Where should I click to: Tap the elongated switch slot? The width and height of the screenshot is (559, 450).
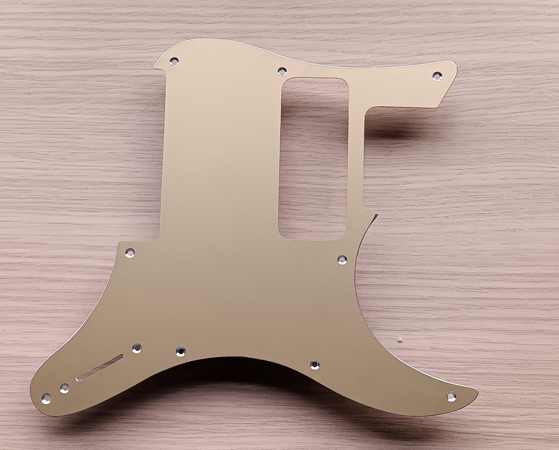[100, 368]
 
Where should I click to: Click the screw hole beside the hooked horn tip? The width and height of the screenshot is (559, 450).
[174, 61]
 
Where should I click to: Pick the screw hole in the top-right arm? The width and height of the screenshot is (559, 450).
[437, 75]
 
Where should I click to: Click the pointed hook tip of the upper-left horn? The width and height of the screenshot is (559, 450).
[154, 68]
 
